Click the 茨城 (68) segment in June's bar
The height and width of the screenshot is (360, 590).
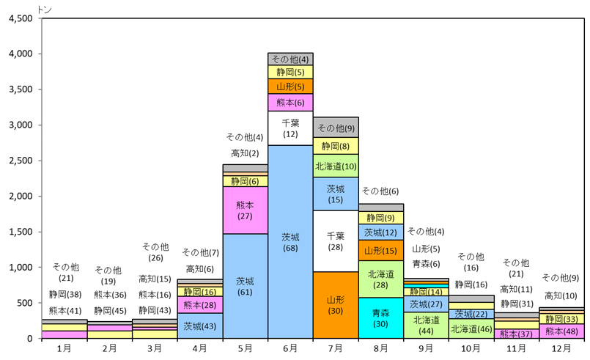pyautogui.click(x=290, y=242)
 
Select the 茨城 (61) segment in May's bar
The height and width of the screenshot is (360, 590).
pyautogui.click(x=245, y=286)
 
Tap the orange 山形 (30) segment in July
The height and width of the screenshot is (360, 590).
pyautogui.click(x=336, y=305)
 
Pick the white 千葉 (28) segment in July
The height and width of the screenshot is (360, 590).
pyautogui.click(x=336, y=241)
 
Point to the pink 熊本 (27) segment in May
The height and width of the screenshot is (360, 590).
pyautogui.click(x=245, y=210)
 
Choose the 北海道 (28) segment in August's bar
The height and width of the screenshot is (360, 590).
pyautogui.click(x=381, y=279)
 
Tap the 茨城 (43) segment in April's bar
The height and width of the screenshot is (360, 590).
pyautogui.click(x=199, y=326)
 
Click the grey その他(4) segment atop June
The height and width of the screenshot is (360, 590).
pyautogui.click(x=290, y=59)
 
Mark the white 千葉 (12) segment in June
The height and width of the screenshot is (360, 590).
pyautogui.click(x=290, y=128)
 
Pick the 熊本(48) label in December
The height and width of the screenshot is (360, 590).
pyautogui.click(x=563, y=331)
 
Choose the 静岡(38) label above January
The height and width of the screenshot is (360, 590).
pyautogui.click(x=64, y=295)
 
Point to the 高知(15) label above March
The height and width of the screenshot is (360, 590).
pyautogui.click(x=154, y=279)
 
